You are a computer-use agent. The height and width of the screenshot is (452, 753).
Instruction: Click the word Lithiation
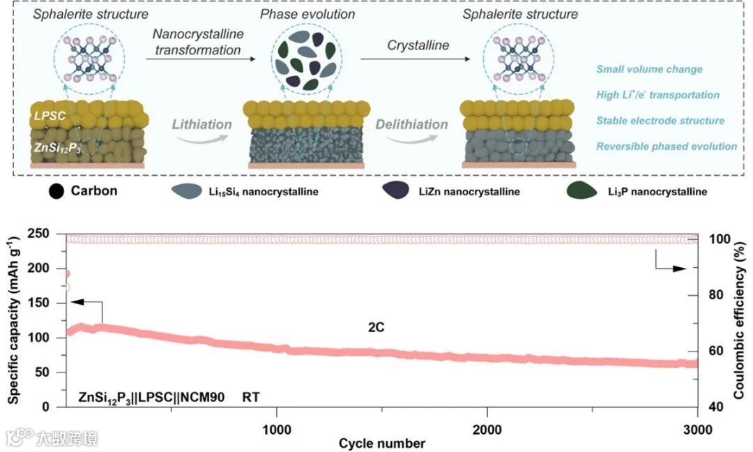pyautogui.click(x=201, y=125)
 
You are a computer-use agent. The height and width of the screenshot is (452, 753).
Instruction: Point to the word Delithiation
pyautogui.click(x=411, y=125)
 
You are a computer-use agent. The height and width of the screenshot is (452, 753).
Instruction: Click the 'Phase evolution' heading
pyautogui.click(x=301, y=14)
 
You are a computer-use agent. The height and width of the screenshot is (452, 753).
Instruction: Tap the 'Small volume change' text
pyautogui.click(x=649, y=70)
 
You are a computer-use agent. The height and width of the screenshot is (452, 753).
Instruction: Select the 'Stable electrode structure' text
pyautogui.click(x=660, y=121)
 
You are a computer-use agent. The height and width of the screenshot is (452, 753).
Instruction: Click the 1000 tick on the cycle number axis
pyautogui.click(x=277, y=428)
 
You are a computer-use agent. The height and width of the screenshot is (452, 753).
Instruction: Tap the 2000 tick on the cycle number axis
pyautogui.click(x=487, y=428)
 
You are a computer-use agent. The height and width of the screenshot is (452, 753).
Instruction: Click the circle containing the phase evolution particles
pyautogui.click(x=301, y=59)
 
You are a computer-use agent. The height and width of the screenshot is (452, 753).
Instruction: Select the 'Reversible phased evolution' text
pyautogui.click(x=667, y=146)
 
